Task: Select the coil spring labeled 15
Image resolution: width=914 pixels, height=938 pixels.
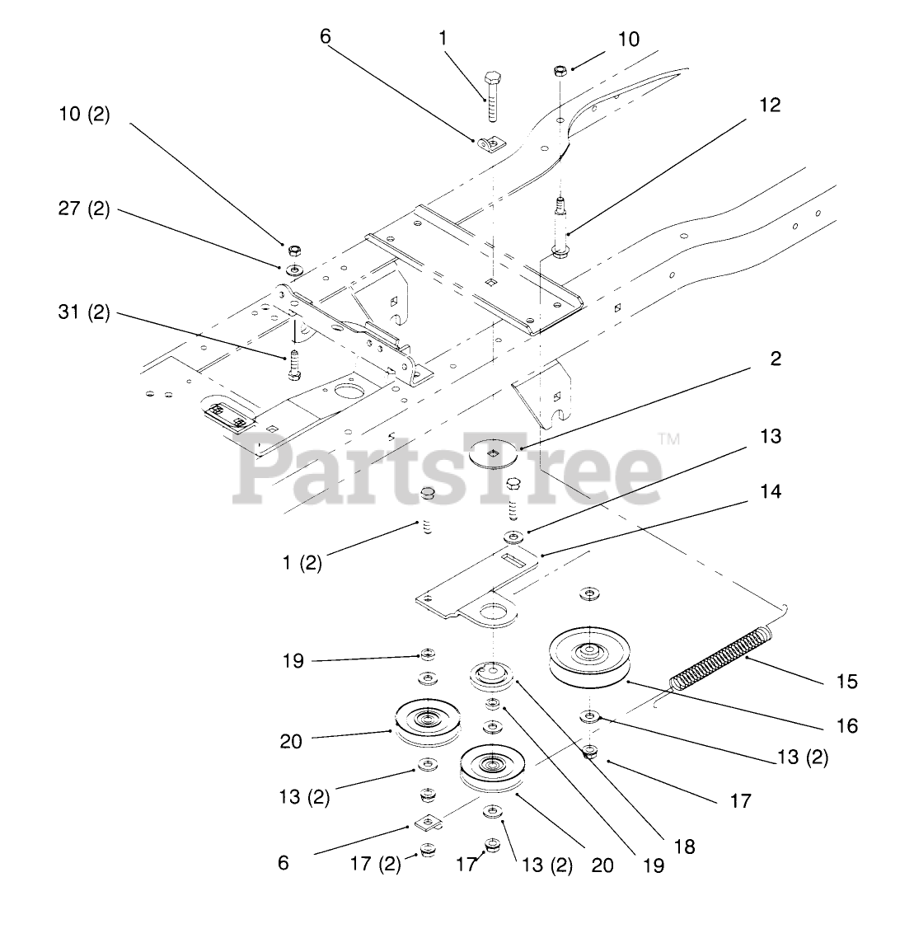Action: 724,656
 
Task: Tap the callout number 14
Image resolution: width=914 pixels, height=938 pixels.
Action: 771,491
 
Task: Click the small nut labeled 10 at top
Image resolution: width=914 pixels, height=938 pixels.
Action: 560,71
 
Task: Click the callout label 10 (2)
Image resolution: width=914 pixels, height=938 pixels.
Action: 83,114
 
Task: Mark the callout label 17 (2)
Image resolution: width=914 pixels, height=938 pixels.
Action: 376,863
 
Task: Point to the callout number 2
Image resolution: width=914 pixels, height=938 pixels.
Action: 775,359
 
